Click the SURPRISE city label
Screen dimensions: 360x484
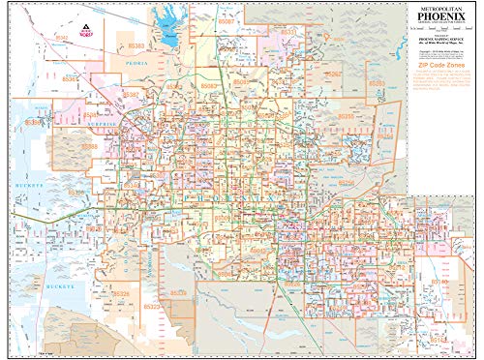[106, 124]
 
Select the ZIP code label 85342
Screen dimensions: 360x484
[63, 36]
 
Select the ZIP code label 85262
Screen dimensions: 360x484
[332, 73]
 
